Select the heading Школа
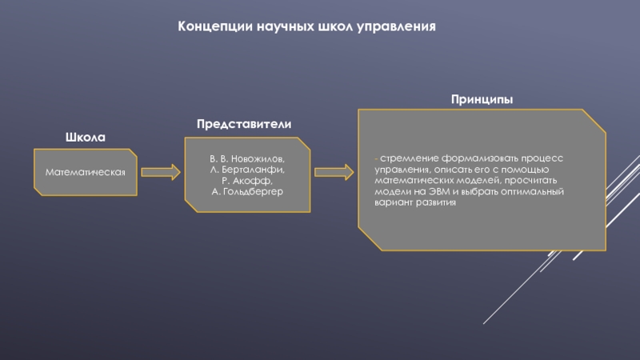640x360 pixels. coord(85,138)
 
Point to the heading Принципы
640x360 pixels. coord(481,98)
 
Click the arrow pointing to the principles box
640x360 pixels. coord(334,171)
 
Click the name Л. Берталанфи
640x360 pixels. coord(247,171)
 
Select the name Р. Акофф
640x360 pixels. coord(247,182)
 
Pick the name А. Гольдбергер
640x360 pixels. coord(247,192)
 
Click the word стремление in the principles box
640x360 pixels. coord(409,158)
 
